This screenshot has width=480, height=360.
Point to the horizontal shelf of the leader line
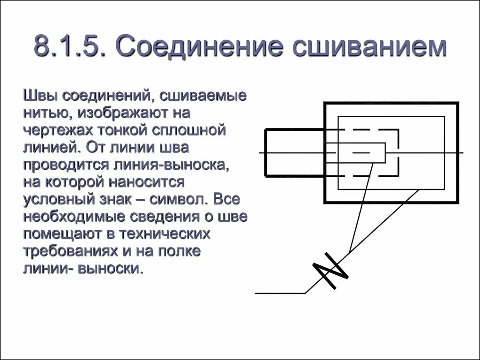pos(280,293)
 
